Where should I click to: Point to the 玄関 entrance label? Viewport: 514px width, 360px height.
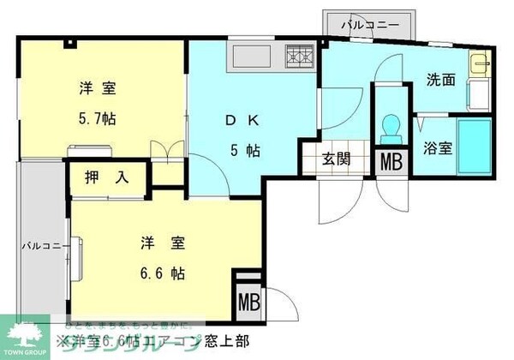(x=335, y=158)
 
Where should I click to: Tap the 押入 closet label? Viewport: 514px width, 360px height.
(x=107, y=179)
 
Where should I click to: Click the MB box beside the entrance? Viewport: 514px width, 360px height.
(x=391, y=160)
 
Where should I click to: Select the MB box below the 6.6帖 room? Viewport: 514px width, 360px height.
(x=248, y=301)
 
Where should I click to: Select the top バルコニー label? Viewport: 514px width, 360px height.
(x=368, y=25)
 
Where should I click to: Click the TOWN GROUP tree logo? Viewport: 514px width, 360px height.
(x=28, y=333)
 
